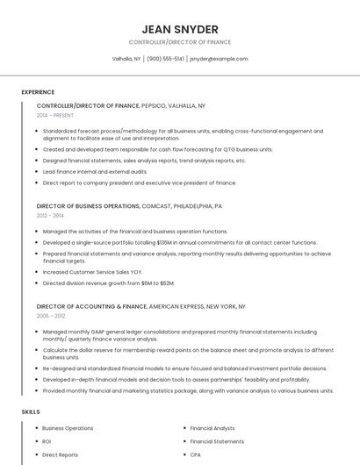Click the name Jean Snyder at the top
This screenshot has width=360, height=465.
[179, 29]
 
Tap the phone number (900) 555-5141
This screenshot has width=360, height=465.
[165, 59]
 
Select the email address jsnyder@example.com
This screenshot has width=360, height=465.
[219, 59]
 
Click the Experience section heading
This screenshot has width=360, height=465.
[38, 92]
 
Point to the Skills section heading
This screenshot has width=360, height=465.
[30, 411]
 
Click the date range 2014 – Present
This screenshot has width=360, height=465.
[55, 115]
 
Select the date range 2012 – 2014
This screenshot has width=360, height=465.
[50, 215]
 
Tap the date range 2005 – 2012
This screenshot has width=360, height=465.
[50, 316]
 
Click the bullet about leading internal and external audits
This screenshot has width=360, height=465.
[83, 172]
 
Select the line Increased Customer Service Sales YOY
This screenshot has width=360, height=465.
[92, 273]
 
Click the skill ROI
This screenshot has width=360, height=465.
[47, 441]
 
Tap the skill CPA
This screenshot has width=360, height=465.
[195, 454]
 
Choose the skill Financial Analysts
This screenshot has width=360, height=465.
[212, 428]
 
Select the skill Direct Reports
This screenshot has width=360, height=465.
[60, 454]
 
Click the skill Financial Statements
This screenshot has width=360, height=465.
[217, 441]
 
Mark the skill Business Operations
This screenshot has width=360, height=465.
[67, 428]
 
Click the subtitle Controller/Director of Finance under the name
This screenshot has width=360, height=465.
[179, 42]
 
